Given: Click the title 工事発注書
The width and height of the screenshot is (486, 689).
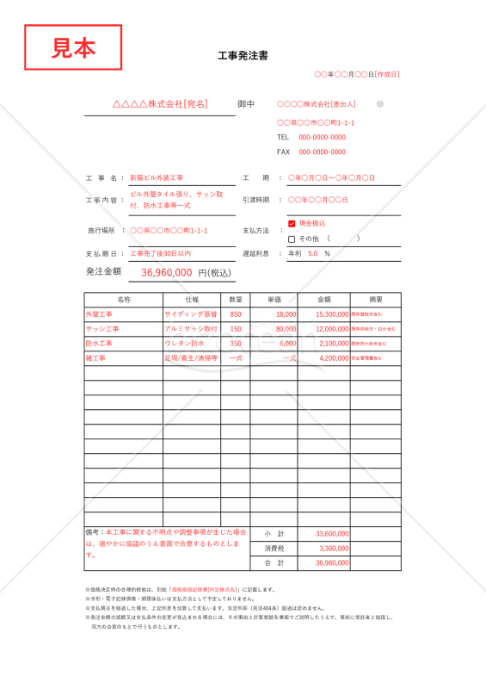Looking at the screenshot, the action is click(x=243, y=56).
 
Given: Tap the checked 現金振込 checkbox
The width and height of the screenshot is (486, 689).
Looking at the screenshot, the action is click(x=292, y=224).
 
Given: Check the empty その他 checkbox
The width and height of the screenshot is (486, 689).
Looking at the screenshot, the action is click(x=292, y=239).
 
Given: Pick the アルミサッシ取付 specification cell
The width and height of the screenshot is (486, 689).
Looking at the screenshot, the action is click(x=191, y=329).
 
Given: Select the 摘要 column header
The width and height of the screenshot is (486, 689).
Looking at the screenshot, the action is click(x=376, y=300).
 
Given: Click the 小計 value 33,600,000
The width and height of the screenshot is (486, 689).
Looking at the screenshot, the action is click(x=332, y=534).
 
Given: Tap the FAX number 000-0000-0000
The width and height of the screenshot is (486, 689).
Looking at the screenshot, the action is click(x=323, y=152).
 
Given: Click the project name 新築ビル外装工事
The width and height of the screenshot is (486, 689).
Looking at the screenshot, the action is click(x=157, y=177).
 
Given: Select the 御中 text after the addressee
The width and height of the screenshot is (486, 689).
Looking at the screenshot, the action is click(x=246, y=104).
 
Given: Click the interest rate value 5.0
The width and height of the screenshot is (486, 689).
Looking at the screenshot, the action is click(x=312, y=254).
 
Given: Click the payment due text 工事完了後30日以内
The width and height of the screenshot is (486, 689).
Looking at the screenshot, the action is click(x=160, y=254).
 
